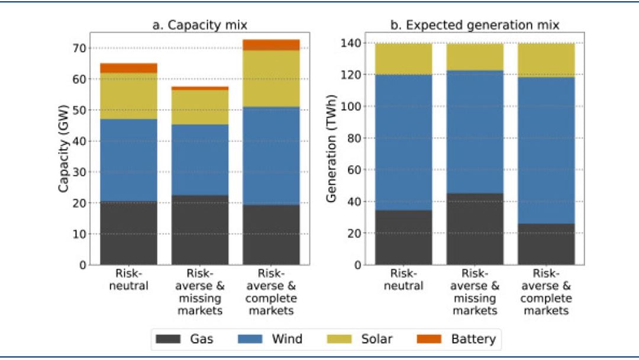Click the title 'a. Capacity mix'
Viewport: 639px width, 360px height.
click(199, 25)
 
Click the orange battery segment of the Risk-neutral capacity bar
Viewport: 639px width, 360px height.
click(128, 68)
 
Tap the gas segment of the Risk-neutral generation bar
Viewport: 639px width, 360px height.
click(404, 237)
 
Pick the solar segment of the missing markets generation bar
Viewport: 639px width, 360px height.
click(475, 57)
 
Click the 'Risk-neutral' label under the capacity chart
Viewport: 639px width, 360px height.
click(128, 281)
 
